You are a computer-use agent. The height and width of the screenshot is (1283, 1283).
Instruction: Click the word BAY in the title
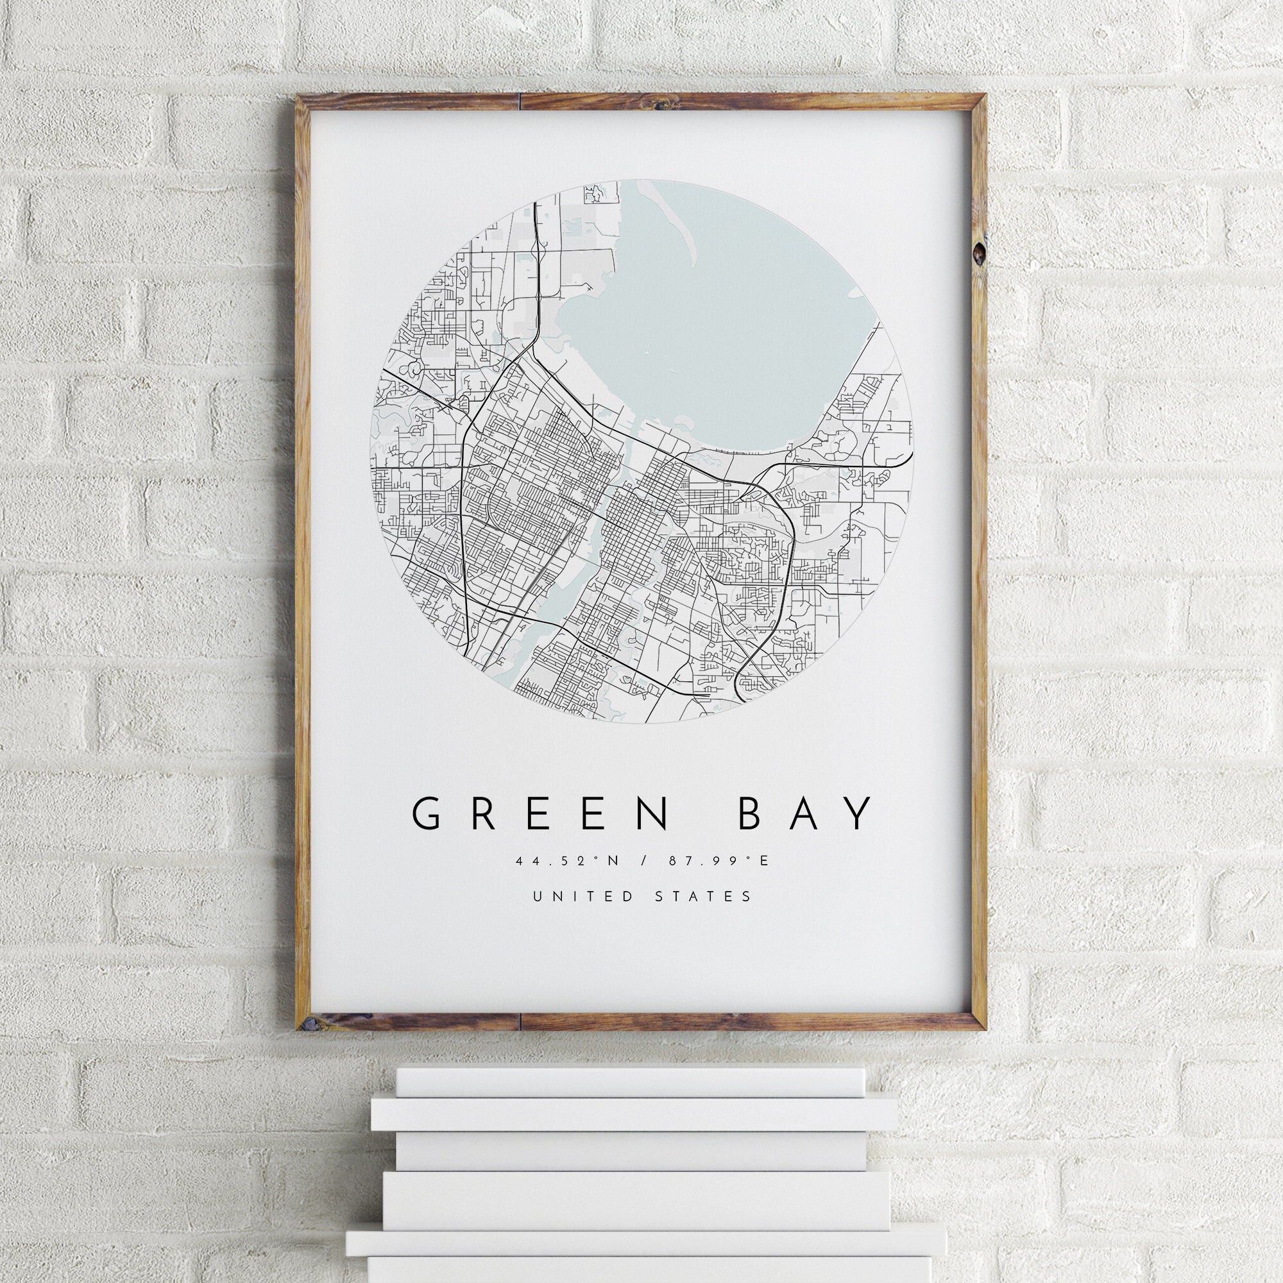click(x=806, y=814)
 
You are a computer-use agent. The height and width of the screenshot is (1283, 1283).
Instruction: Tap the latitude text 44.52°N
click(x=567, y=862)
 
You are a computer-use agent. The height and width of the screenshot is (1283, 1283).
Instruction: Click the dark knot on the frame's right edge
click(x=979, y=253)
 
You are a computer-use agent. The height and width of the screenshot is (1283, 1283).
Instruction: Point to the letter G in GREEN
click(x=426, y=814)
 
